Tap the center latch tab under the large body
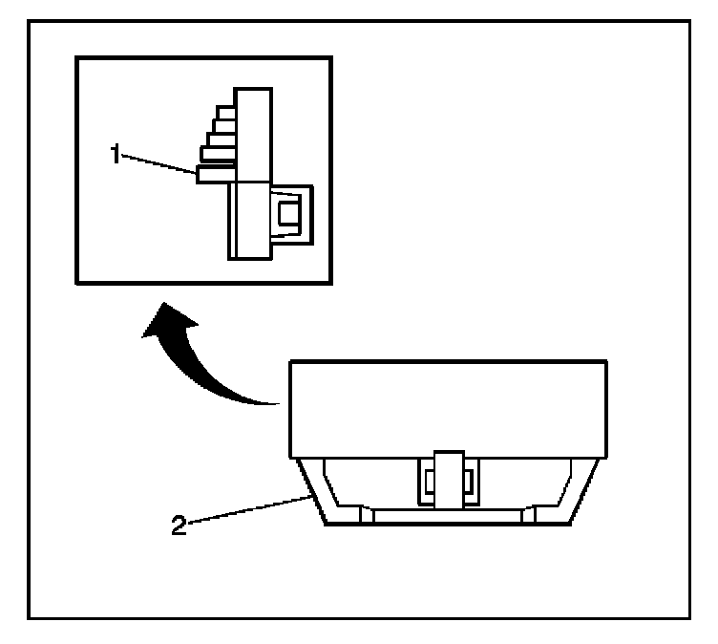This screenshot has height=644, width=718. coord(447,478)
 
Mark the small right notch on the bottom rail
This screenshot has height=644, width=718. coord(531,516)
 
